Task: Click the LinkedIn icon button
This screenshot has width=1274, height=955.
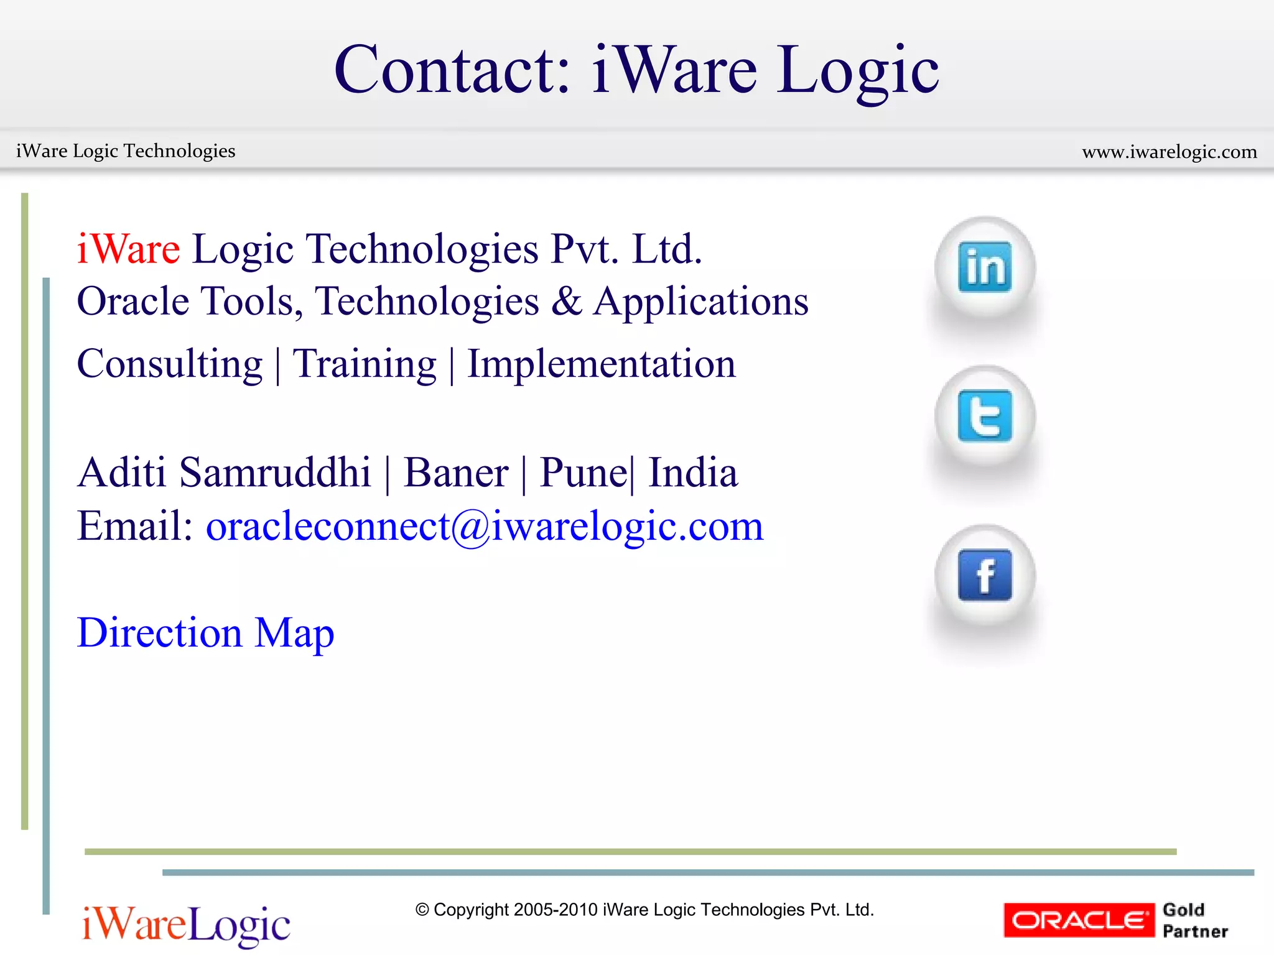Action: pyautogui.click(x=985, y=267)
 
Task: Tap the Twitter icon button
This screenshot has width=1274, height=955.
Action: pyautogui.click(x=985, y=416)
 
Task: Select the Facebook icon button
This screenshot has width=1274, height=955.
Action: pyautogui.click(x=985, y=576)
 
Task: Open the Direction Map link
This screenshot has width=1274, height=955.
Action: pyautogui.click(x=205, y=633)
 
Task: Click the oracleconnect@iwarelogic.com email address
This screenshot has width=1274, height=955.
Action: pyautogui.click(x=484, y=526)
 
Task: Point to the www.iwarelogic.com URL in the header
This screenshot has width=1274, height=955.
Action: pyautogui.click(x=1169, y=152)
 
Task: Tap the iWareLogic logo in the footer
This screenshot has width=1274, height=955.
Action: pyautogui.click(x=185, y=924)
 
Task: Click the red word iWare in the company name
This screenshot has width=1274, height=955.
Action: pyautogui.click(x=129, y=249)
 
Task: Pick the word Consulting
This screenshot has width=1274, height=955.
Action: pyautogui.click(x=169, y=364)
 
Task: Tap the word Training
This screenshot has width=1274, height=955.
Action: pyautogui.click(x=365, y=364)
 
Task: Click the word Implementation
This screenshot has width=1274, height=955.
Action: pyautogui.click(x=601, y=364)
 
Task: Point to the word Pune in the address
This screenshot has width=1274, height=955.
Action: pyautogui.click(x=583, y=473)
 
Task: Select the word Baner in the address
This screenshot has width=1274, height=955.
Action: pyautogui.click(x=456, y=473)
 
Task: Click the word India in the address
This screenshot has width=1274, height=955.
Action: pyautogui.click(x=693, y=473)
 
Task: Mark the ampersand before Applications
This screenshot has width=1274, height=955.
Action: pyautogui.click(x=566, y=302)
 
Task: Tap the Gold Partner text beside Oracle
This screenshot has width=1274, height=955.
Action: pyautogui.click(x=1195, y=920)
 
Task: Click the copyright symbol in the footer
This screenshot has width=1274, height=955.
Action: pyautogui.click(x=422, y=910)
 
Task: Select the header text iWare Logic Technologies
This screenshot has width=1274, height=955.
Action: pyautogui.click(x=126, y=151)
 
